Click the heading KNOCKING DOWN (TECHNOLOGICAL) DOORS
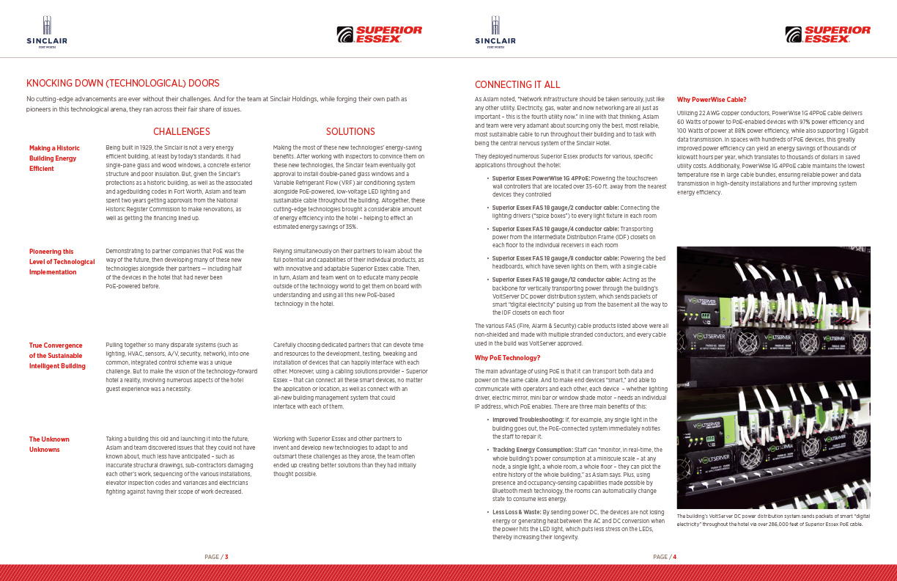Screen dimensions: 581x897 [123, 84]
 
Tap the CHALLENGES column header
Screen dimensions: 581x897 [181, 132]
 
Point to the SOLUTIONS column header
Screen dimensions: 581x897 [350, 132]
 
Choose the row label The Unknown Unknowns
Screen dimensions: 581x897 [45, 444]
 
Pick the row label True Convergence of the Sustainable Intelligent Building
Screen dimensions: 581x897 [57, 355]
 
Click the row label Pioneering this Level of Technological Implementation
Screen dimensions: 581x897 [62, 261]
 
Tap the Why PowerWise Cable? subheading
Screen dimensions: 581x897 [712, 99]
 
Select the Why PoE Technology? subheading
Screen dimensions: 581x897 [507, 357]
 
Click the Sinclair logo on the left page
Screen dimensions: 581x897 [47, 33]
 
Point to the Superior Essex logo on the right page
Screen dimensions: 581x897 [827, 34]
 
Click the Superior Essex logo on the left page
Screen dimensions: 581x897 [379, 34]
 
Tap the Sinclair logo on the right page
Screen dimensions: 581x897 [495, 33]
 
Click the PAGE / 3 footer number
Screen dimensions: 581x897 [216, 557]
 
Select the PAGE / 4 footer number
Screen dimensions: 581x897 [665, 557]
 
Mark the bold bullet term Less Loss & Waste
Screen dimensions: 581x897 [516, 511]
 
